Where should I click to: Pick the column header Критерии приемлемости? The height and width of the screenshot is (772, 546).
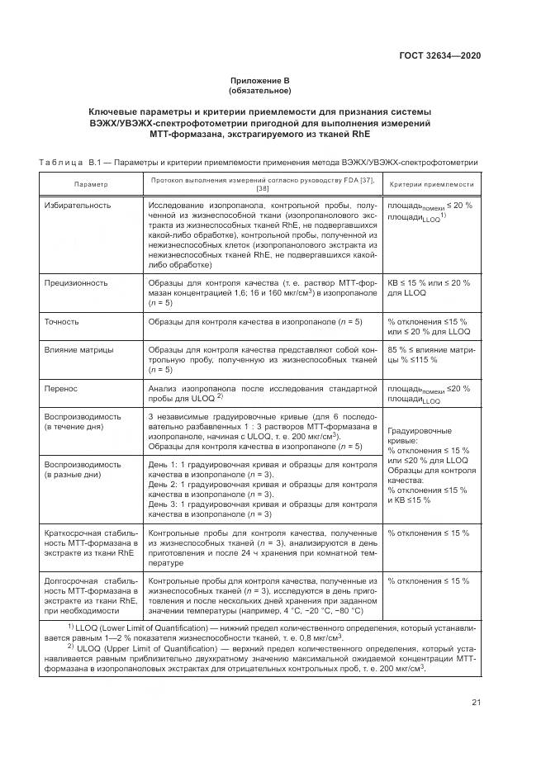(x=431, y=184)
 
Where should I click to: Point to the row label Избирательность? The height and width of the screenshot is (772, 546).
(x=78, y=204)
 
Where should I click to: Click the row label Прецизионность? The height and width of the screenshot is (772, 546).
(x=76, y=282)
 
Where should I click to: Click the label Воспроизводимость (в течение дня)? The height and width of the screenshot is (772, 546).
(x=83, y=421)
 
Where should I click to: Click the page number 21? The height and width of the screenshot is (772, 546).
(x=476, y=703)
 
